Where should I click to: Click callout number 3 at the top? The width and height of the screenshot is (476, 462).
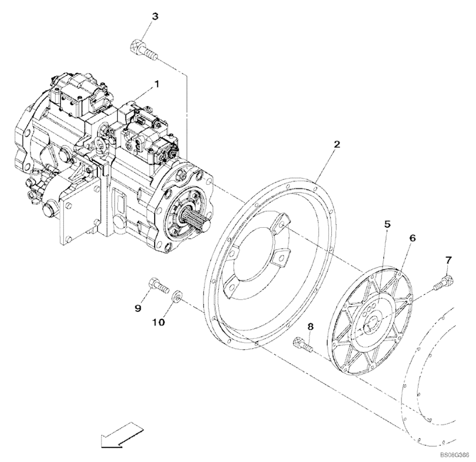155,16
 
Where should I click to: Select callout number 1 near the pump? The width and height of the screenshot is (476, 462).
157,84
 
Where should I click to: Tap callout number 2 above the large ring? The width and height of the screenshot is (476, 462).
336,144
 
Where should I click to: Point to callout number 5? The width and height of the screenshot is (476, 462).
387,225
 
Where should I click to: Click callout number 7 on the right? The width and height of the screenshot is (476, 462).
448,260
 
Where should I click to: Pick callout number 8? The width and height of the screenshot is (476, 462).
310,327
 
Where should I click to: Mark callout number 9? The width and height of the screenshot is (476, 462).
138,308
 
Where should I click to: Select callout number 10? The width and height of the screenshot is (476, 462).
158,322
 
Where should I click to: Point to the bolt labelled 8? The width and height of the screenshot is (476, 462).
302,346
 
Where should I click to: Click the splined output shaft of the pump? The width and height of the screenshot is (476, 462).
196,220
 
